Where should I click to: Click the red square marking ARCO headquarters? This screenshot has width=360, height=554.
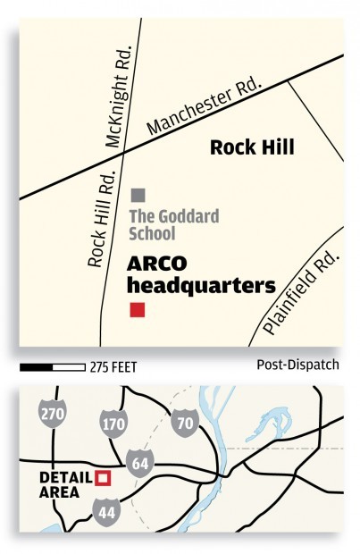tap(137, 310)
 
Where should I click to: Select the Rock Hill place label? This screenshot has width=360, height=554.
tap(252, 147)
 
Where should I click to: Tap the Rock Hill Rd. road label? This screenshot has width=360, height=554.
tap(101, 220)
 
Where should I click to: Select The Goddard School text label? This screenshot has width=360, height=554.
tap(164, 224)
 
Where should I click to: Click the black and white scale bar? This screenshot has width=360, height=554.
tap(52, 366)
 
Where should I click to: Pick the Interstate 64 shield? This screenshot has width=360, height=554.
tap(139, 464)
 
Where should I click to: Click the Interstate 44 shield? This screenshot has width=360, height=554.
tap(105, 510)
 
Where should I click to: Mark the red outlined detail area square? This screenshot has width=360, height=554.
tap(104, 477)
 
